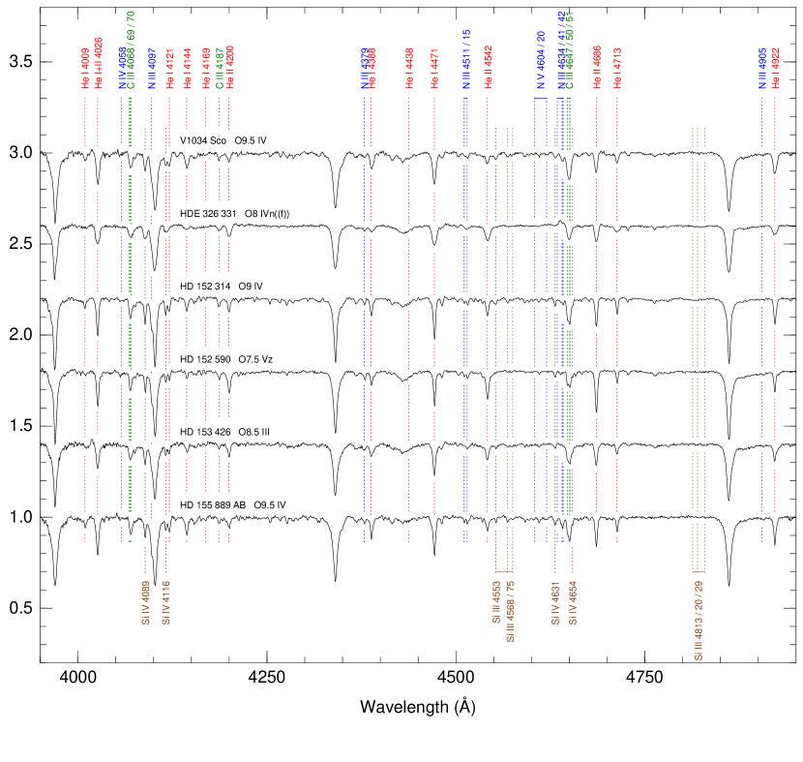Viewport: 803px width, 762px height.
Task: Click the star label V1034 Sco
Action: [204, 141]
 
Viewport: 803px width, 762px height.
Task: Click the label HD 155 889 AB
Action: [214, 505]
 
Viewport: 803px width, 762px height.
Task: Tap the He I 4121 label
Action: [169, 70]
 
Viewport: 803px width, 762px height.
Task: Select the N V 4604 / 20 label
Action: [541, 61]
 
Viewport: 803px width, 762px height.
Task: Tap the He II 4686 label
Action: [597, 68]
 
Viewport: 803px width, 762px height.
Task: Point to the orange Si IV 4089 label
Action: [145, 602]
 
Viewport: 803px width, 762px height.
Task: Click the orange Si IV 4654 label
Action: [574, 602]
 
